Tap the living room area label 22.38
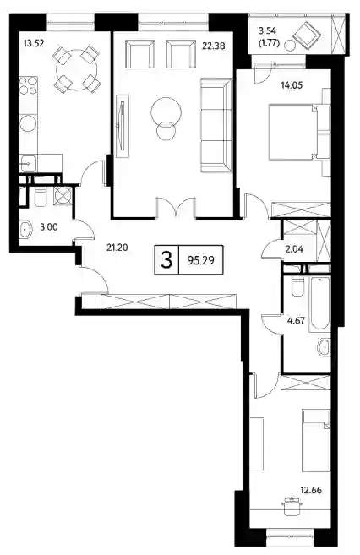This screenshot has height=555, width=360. (214, 46)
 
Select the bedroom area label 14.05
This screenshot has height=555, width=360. (292, 85)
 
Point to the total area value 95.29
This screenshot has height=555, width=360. (201, 260)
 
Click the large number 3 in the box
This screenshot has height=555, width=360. (166, 260)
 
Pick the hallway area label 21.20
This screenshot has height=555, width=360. (117, 248)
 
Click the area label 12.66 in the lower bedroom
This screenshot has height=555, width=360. (311, 491)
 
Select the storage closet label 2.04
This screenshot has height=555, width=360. (294, 249)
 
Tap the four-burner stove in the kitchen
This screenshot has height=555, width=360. (29, 85)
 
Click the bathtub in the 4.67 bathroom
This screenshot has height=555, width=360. (319, 304)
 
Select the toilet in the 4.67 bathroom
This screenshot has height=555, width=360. (297, 286)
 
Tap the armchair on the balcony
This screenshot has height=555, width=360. (307, 34)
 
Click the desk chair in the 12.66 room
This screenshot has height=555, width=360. (292, 504)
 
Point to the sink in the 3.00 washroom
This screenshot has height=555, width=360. (25, 230)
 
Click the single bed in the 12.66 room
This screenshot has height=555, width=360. (316, 440)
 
